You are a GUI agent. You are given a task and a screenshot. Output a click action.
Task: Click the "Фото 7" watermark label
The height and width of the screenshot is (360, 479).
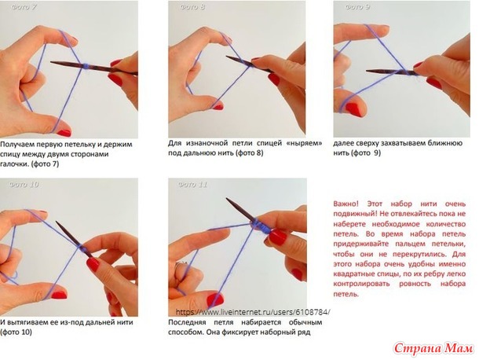(x=24, y=7)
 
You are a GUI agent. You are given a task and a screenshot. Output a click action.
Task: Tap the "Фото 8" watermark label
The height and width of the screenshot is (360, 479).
(x=192, y=7)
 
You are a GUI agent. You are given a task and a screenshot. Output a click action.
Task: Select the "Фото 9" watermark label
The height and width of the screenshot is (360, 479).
(x=357, y=7)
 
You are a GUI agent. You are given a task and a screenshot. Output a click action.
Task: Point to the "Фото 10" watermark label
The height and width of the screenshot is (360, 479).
(x=24, y=185)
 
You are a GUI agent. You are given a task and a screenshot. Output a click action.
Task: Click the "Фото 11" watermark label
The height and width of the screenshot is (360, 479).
(x=192, y=185)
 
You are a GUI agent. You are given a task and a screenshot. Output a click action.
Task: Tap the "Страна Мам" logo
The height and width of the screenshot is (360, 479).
(x=433, y=348)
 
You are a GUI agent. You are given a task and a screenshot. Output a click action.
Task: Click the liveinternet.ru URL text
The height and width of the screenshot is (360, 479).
(x=253, y=312)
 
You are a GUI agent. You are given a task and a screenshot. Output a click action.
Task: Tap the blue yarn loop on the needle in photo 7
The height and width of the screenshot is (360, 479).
(x=86, y=66)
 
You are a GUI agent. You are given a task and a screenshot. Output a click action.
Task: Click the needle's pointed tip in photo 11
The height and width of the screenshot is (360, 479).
(x=227, y=199)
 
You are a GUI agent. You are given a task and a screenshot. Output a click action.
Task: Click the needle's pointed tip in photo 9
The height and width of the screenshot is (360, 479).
(x=367, y=72)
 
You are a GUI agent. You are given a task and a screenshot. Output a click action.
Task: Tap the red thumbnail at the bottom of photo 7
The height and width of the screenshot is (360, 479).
(x=64, y=133)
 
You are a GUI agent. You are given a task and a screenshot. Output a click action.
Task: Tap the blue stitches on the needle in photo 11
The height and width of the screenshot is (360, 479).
(x=261, y=226)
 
